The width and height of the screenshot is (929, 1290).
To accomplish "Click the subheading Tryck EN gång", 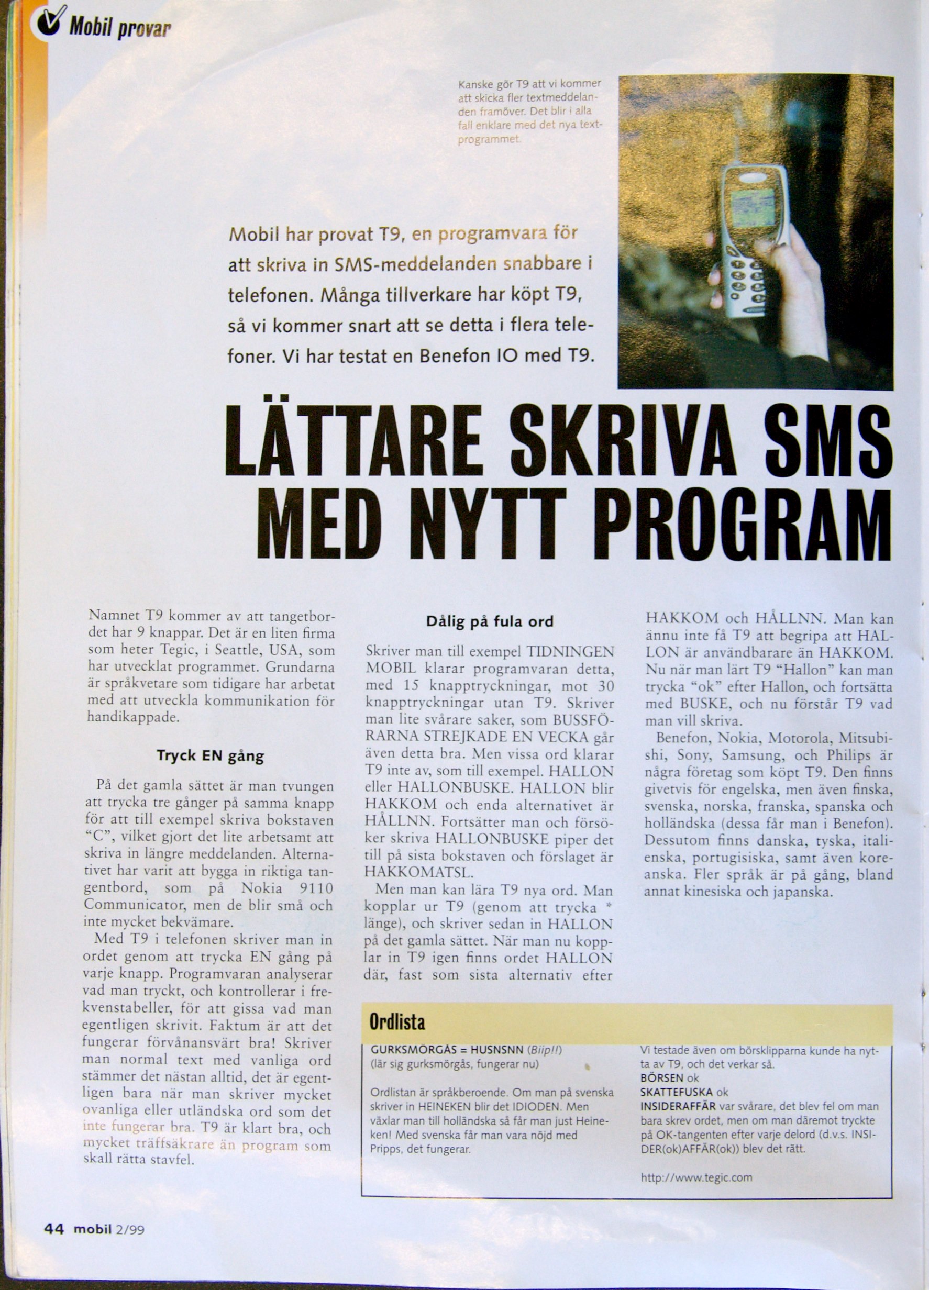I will coord(210,756).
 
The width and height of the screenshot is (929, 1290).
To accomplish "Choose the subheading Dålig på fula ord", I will coord(489,621).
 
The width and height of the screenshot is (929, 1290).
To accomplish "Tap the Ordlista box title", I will coord(397,1022).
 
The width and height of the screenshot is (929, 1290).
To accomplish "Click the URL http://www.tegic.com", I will coord(696,1161).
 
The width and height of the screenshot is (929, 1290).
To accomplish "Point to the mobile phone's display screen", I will coord(753,208).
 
